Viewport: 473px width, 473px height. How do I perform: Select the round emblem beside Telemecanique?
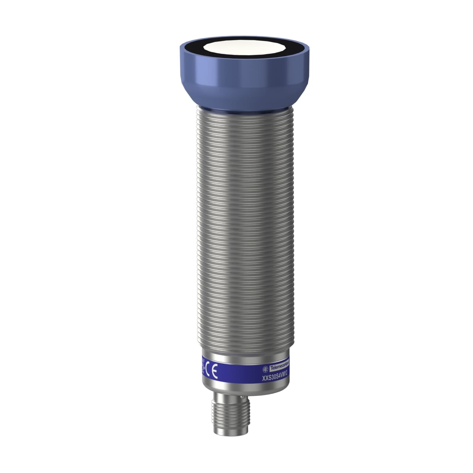coord(266,369)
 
